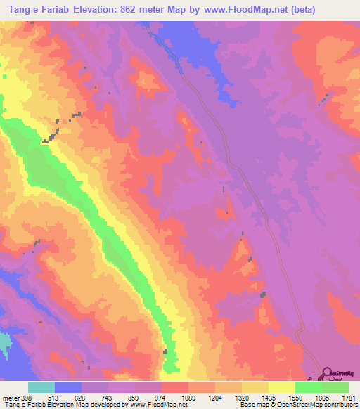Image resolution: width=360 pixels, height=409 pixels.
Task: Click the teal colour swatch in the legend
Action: [x=41, y=387]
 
